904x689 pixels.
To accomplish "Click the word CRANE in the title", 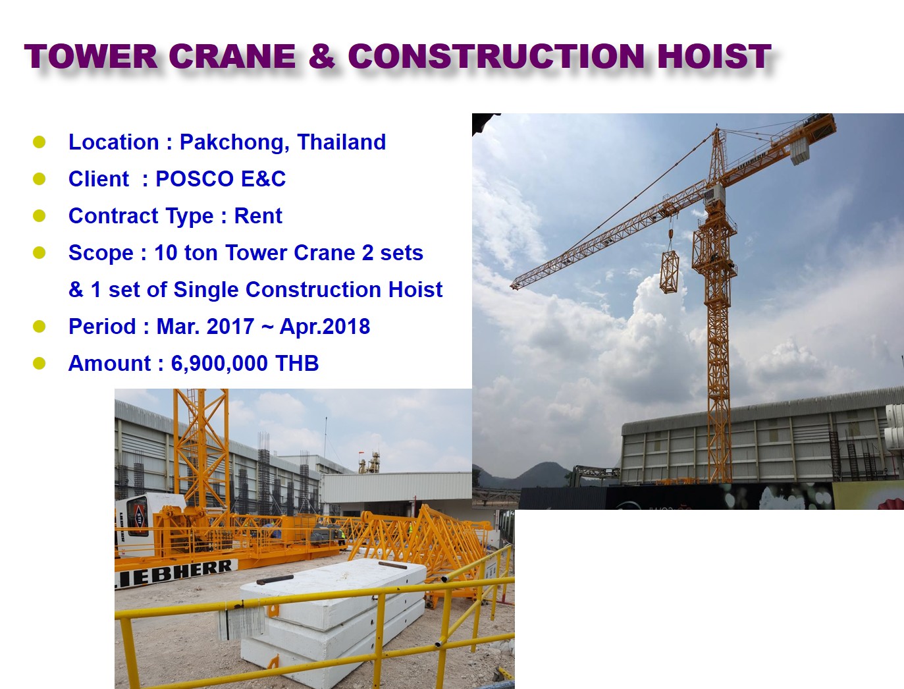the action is pyautogui.click(x=232, y=56).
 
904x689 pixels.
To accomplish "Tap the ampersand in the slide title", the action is pyautogui.click(x=322, y=56).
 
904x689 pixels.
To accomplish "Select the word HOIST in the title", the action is pyautogui.click(x=714, y=56).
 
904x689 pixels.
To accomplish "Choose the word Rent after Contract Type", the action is pyautogui.click(x=258, y=216).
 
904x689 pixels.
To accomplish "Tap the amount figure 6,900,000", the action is pyautogui.click(x=219, y=364).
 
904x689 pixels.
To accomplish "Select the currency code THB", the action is pyautogui.click(x=297, y=363).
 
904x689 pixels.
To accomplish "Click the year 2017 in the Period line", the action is pyautogui.click(x=230, y=327).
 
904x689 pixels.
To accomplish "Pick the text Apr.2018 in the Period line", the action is pyautogui.click(x=325, y=327).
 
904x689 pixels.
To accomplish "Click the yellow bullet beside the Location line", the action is pyautogui.click(x=39, y=142).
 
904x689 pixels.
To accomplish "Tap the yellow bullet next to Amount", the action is pyautogui.click(x=39, y=363).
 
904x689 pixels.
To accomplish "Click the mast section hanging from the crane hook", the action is pyautogui.click(x=669, y=272).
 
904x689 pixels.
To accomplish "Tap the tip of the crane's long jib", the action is pyautogui.click(x=513, y=285).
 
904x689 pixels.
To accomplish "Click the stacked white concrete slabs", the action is pyautogui.click(x=332, y=618).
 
